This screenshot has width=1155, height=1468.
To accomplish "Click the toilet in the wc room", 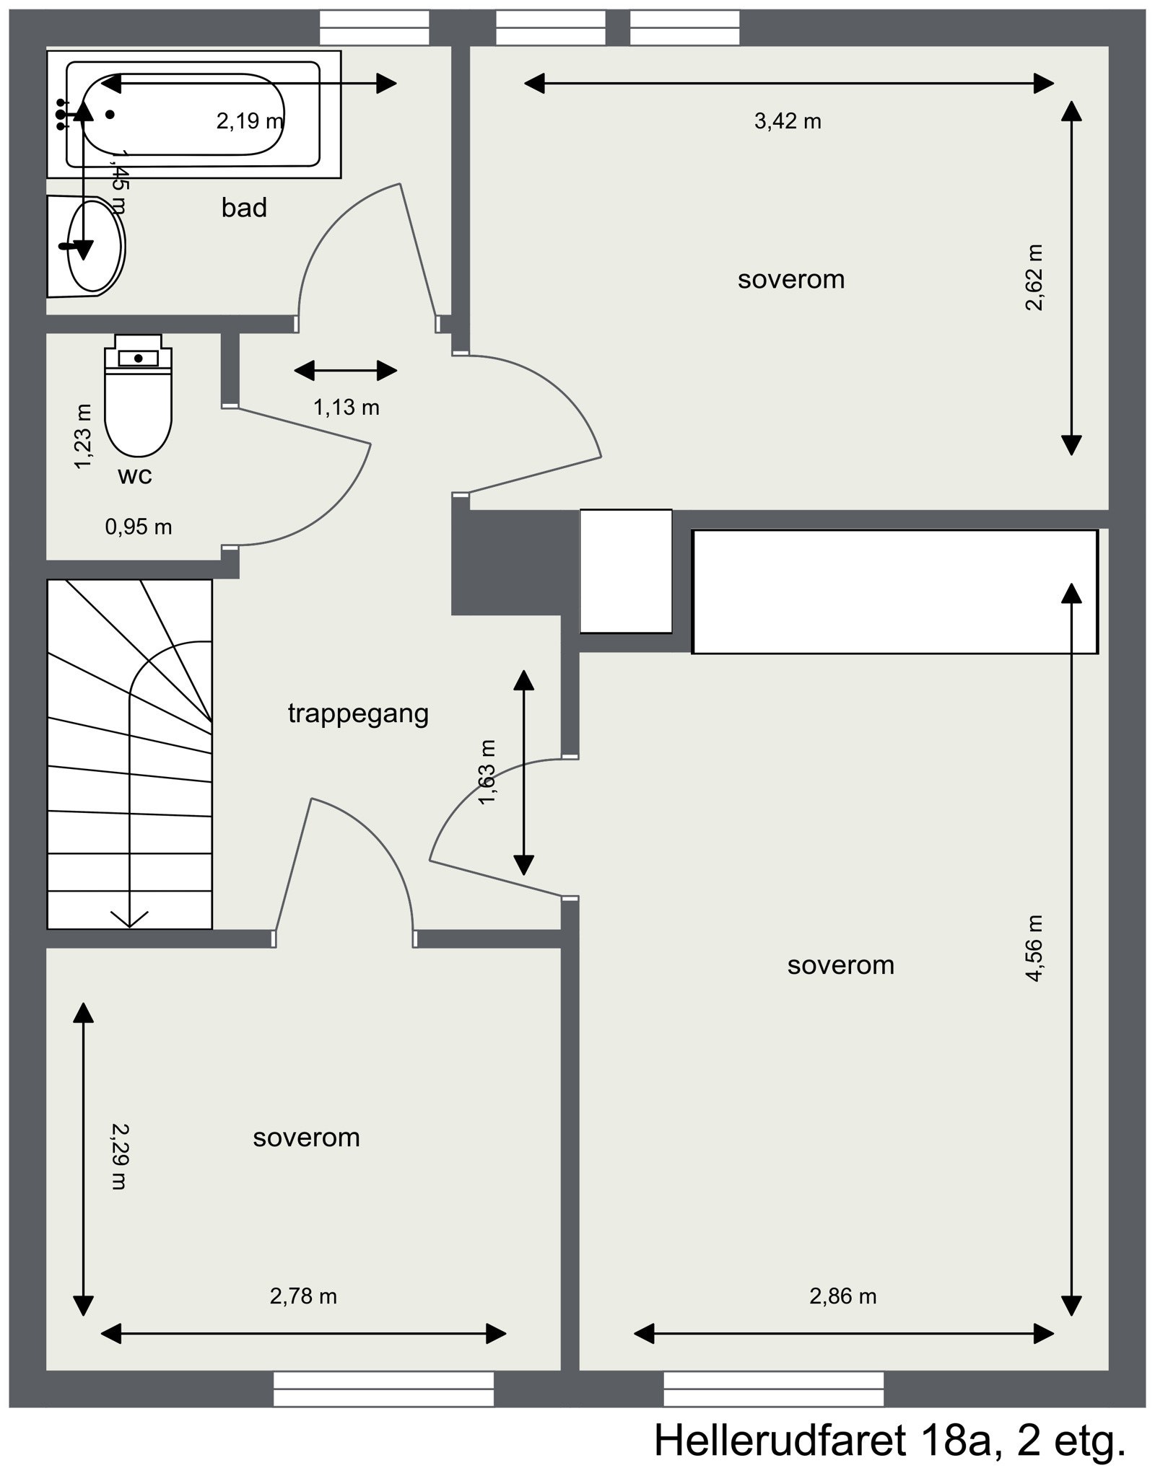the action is [x=138, y=395].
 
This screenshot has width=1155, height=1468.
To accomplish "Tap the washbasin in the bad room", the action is [x=87, y=246].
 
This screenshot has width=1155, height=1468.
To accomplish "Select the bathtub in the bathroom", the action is [x=194, y=114].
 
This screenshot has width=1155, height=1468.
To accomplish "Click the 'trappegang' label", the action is [x=358, y=713].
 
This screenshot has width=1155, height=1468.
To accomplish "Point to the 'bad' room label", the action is [x=244, y=208].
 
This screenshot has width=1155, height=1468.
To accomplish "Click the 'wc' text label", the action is [x=135, y=475].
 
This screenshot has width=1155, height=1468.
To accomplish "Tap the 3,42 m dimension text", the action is [x=788, y=121].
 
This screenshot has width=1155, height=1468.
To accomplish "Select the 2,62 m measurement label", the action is [x=1034, y=278].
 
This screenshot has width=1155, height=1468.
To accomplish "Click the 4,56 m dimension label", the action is [x=1034, y=948].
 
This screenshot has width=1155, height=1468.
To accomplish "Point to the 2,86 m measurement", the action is [x=842, y=1296].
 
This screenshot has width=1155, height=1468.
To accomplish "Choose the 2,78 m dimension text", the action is [x=303, y=1296].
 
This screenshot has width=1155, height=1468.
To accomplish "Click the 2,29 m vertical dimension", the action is [x=118, y=1156].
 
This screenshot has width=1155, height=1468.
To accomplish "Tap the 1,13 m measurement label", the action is [x=346, y=408].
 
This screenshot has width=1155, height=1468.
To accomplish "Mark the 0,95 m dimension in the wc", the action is [x=139, y=527].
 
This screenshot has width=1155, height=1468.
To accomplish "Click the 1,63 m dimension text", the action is [x=488, y=773].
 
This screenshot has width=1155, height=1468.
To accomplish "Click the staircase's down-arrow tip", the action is [x=129, y=927].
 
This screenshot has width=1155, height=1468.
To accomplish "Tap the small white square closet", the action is [x=626, y=571].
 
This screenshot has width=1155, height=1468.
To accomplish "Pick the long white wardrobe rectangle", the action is [x=895, y=592].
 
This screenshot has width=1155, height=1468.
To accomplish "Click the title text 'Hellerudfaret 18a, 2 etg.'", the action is [x=890, y=1438].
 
